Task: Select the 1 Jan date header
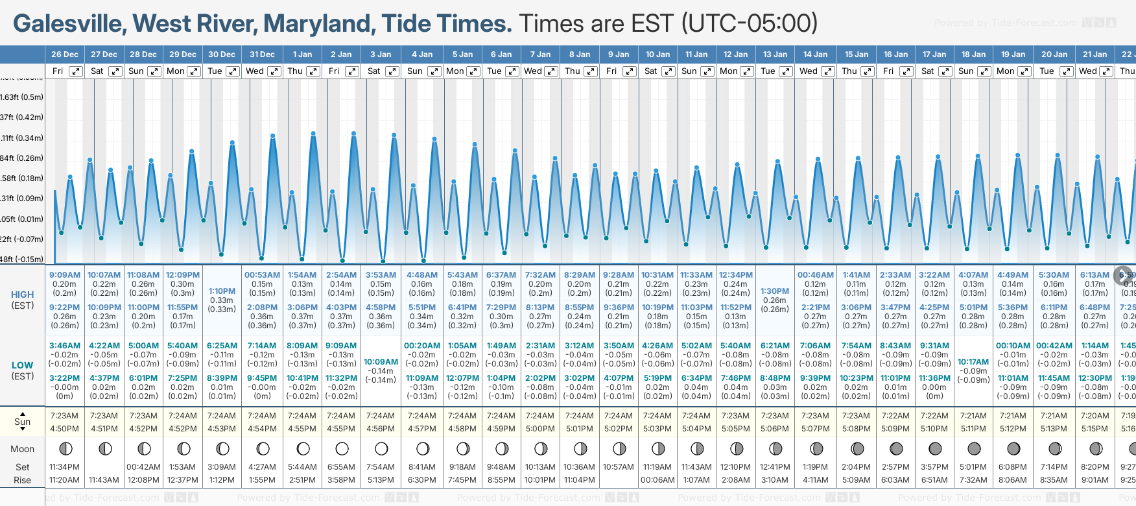(302, 54)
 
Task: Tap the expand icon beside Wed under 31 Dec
(274, 71)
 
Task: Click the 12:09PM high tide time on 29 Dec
(183, 275)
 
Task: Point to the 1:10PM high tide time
(222, 291)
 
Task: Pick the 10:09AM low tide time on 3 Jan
(381, 362)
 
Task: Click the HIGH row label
(23, 295)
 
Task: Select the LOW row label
(23, 365)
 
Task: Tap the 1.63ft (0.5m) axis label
(22, 97)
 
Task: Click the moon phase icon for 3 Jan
(381, 448)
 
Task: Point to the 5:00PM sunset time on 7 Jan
(540, 429)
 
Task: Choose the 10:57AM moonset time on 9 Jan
(618, 467)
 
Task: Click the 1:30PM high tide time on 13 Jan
(775, 291)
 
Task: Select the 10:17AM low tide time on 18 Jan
(973, 362)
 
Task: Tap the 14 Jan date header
(815, 54)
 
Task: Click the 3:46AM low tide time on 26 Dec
(65, 346)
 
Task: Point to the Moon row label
(23, 449)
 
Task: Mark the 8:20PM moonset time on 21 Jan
(1095, 467)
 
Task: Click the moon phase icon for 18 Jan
(974, 448)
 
